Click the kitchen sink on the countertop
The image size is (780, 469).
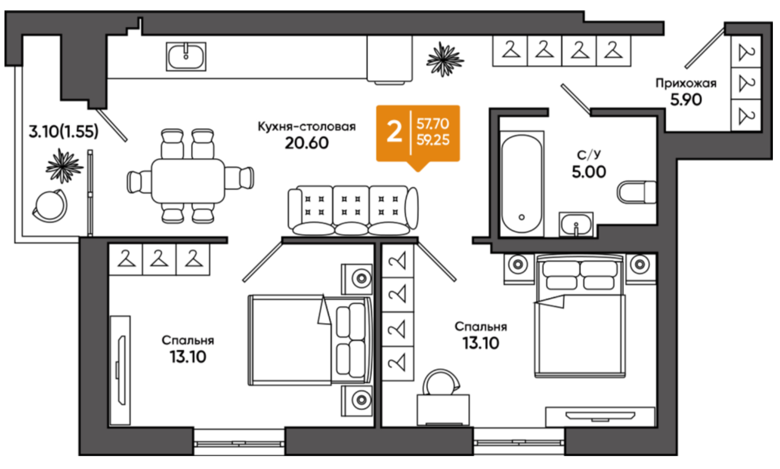pos(186,57)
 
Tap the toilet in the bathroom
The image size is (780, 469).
pos(636,192)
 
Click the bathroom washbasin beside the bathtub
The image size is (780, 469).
pos(576,224)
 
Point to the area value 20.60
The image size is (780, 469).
pos(306,143)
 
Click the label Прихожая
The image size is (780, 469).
pos(686,83)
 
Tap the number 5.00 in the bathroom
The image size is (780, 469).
pos(589,172)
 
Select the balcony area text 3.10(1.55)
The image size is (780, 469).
pos(63,131)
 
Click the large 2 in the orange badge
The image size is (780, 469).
pos(394,132)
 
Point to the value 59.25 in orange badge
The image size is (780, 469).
pos(433,140)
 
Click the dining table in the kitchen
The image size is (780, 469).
pos(188,181)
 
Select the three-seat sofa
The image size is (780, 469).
pos(353,210)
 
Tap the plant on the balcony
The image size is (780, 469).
pos(64,166)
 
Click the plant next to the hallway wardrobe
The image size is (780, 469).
pos(445,60)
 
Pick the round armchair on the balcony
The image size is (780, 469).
pos(50,206)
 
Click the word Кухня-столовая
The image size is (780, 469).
pos(306,126)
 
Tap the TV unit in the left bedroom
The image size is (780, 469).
pos(120,370)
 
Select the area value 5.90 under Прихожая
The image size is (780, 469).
pos(686,100)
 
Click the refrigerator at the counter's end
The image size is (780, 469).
pos(389,59)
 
